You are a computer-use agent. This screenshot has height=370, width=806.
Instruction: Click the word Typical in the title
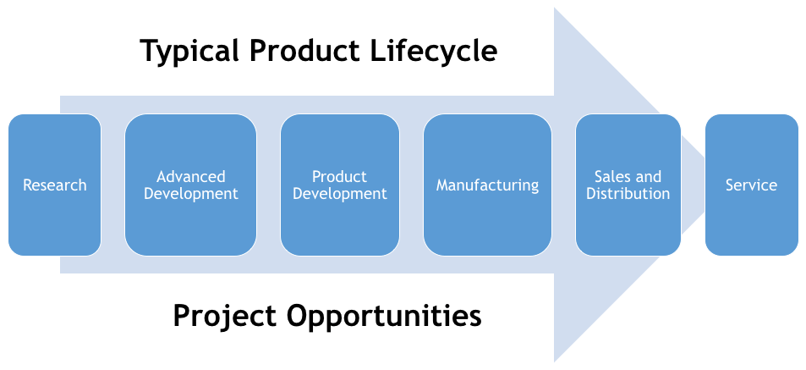coord(190,52)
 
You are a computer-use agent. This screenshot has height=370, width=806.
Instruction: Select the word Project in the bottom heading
coord(223,317)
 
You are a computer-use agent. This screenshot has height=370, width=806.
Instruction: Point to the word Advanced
coord(191,177)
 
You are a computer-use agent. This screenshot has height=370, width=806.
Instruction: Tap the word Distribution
coord(628,194)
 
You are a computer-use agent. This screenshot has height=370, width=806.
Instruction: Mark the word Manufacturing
coord(487,185)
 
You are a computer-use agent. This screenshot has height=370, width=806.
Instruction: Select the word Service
coord(751,185)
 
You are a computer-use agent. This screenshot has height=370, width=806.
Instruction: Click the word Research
coord(55,185)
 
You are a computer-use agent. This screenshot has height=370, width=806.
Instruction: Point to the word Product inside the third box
coord(339,177)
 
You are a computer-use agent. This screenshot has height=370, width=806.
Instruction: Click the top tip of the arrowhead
coord(555,8)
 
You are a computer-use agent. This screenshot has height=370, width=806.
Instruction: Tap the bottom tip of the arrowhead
coord(555,361)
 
